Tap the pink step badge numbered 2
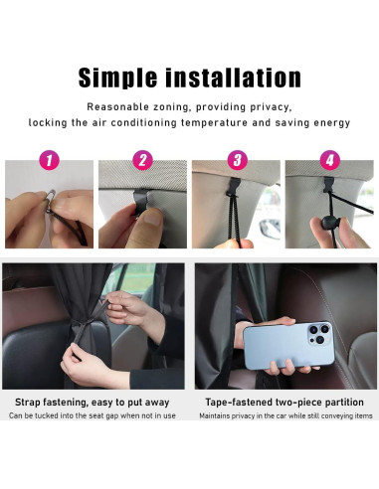(x=143, y=160)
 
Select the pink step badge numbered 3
(x=237, y=160)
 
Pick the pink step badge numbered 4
(x=330, y=160)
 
